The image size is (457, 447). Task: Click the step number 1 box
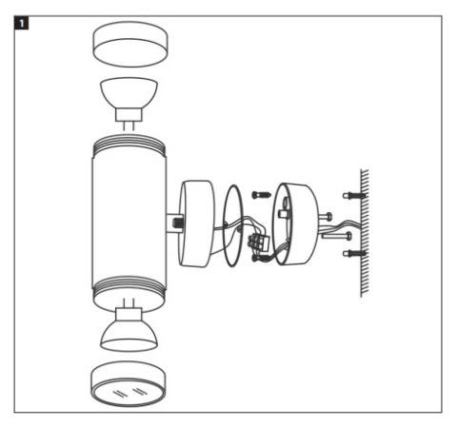16,16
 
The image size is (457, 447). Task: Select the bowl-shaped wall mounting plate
296,223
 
